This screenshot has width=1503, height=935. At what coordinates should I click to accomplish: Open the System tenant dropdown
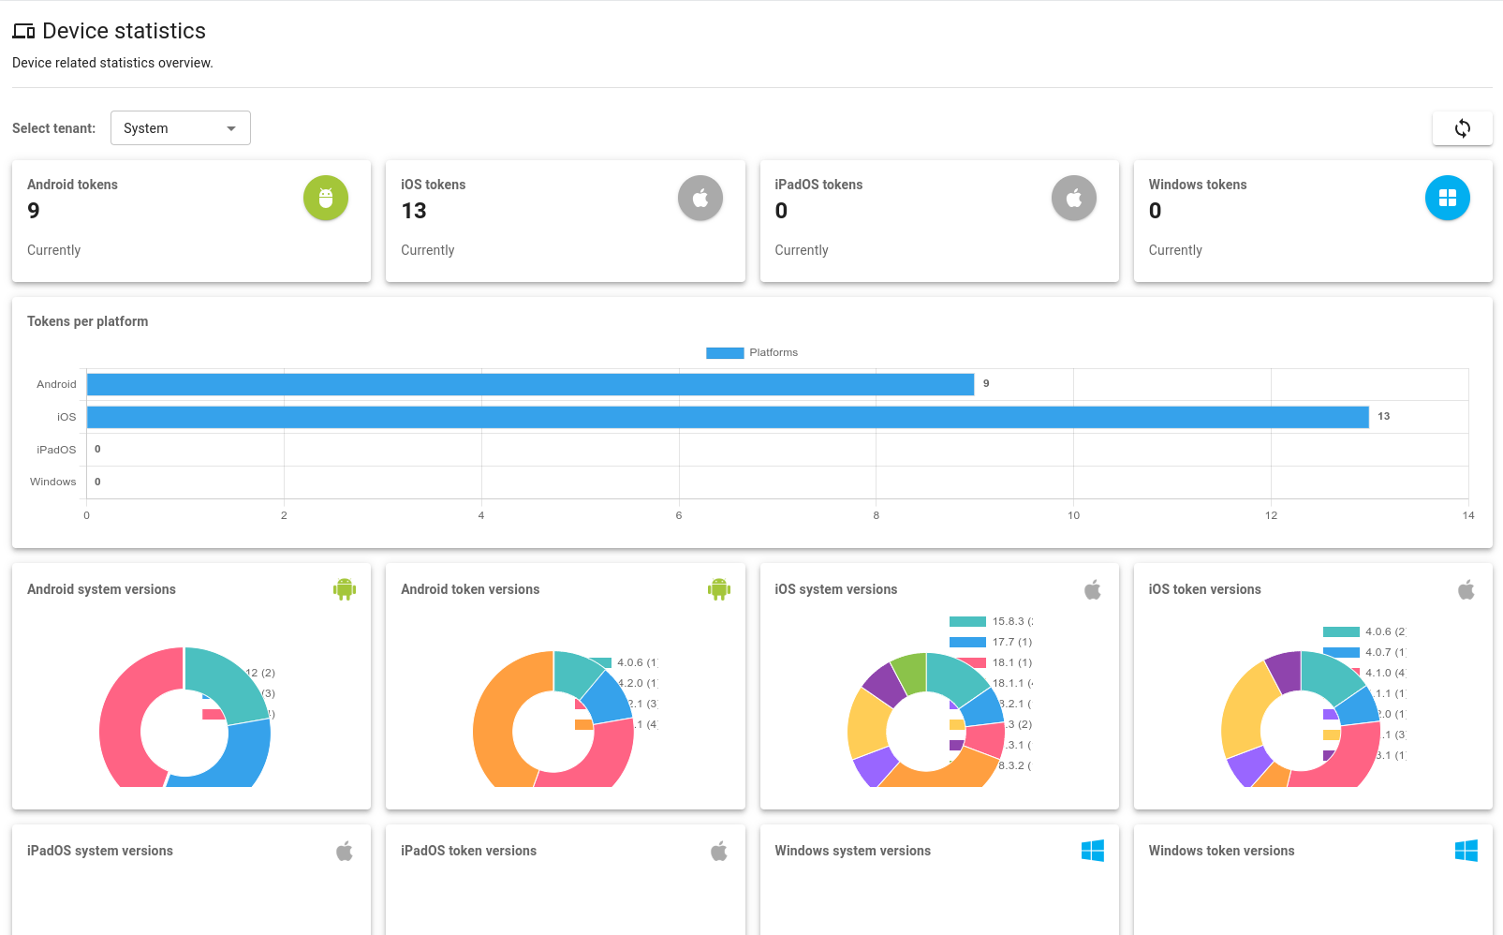[180, 128]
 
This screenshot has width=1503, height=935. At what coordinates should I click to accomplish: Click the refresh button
[1462, 128]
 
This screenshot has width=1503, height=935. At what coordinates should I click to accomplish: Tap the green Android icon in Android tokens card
[326, 199]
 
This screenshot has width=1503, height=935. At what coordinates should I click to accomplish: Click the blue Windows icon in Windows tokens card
[1447, 199]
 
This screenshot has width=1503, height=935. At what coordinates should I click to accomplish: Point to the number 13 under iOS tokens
[414, 212]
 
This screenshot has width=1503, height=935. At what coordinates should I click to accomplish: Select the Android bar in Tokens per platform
[530, 384]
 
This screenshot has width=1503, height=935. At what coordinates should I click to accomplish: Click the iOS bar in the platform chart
[727, 417]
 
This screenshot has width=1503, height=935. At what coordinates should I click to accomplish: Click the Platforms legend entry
[752, 353]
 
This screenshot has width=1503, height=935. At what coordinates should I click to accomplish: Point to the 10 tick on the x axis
[1073, 515]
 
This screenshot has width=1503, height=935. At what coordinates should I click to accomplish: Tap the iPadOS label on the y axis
[56, 450]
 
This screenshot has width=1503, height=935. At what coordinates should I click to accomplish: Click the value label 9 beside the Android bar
[986, 383]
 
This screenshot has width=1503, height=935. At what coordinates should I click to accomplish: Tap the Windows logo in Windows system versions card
[1092, 851]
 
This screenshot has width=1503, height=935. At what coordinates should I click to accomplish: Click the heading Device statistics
[124, 31]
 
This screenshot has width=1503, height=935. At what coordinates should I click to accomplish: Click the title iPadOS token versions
[468, 851]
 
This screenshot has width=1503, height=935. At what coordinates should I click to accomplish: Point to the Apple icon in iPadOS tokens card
[1073, 199]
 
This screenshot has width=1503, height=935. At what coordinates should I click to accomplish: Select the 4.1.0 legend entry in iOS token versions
[1363, 673]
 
